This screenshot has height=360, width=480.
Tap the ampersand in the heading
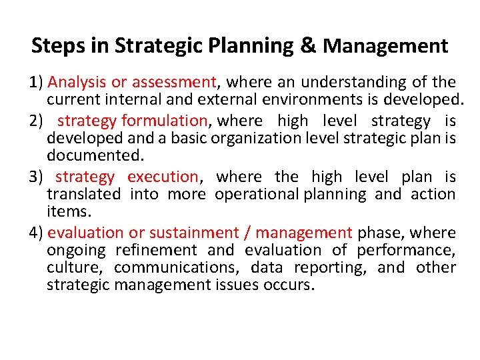click(308, 45)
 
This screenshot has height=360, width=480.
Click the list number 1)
click(37, 83)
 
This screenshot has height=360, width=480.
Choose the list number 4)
click(37, 233)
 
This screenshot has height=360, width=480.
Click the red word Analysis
click(78, 83)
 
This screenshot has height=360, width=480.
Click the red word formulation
click(164, 121)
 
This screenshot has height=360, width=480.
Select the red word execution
click(162, 177)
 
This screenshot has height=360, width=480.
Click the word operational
click(257, 195)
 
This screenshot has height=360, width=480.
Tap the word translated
click(83, 195)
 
